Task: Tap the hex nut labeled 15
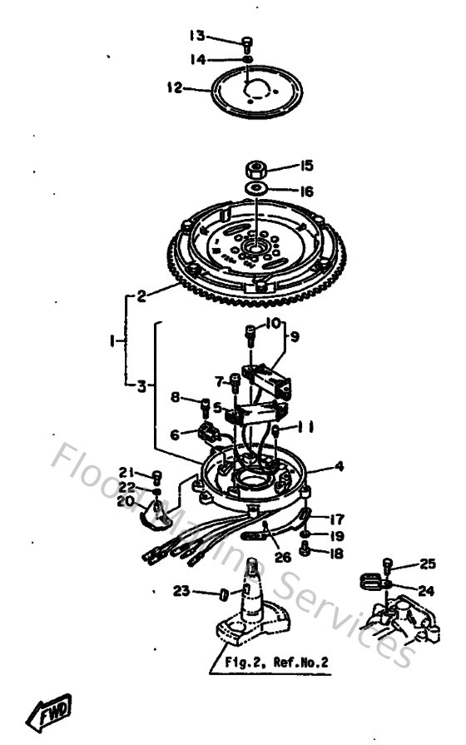(x=255, y=169)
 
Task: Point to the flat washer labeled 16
(x=255, y=190)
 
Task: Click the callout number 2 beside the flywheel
(x=143, y=294)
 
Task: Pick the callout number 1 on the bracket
(x=113, y=340)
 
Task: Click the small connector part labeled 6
(x=207, y=430)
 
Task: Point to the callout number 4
(x=340, y=467)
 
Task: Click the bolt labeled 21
(x=156, y=476)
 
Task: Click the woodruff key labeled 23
(x=224, y=594)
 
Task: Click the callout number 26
(x=284, y=558)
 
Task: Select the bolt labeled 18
(x=306, y=550)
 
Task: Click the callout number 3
(x=142, y=385)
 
